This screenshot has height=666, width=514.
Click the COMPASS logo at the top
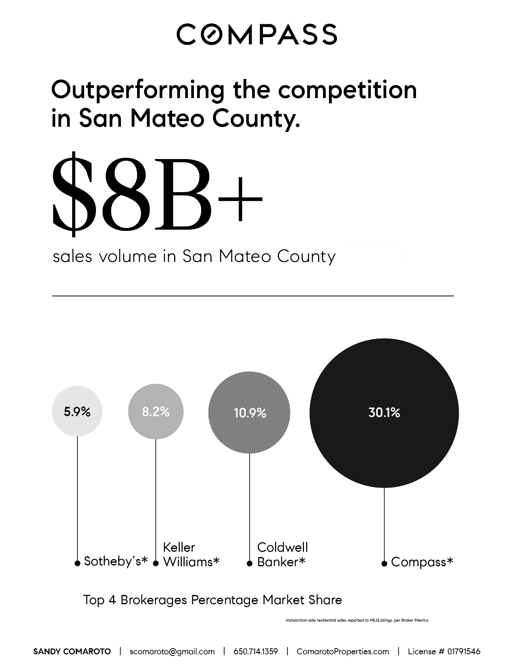257,34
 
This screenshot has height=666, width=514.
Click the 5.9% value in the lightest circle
77,412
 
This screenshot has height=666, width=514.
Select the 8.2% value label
156,412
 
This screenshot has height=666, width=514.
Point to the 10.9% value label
250,413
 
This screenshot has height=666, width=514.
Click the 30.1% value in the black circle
384,413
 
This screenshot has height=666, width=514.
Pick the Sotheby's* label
116,561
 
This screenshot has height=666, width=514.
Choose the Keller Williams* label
191,555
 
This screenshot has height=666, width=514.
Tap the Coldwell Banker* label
282,555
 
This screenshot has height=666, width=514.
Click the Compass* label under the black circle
422,562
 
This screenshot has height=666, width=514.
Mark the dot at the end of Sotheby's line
77,563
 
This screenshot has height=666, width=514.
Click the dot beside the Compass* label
384,563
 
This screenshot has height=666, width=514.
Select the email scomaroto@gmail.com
172,651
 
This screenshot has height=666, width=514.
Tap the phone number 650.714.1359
256,651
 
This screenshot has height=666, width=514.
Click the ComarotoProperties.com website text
343,651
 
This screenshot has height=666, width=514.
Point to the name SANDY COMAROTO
72,651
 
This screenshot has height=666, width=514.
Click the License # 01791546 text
444,651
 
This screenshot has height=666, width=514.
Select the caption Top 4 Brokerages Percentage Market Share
212,600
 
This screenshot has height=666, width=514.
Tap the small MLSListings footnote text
357,620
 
